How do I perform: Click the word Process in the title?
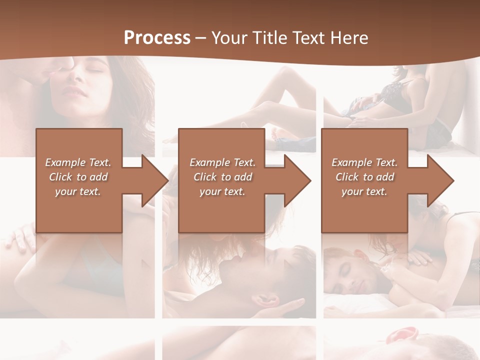click(157, 38)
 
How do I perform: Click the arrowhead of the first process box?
click(155, 180)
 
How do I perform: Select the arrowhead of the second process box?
click(298, 180)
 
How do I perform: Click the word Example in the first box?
click(64, 162)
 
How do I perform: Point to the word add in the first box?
click(99, 177)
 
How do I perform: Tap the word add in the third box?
click(385, 177)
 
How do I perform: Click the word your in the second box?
click(210, 191)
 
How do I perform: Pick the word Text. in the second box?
click(243, 162)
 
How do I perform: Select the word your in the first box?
click(66, 191)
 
